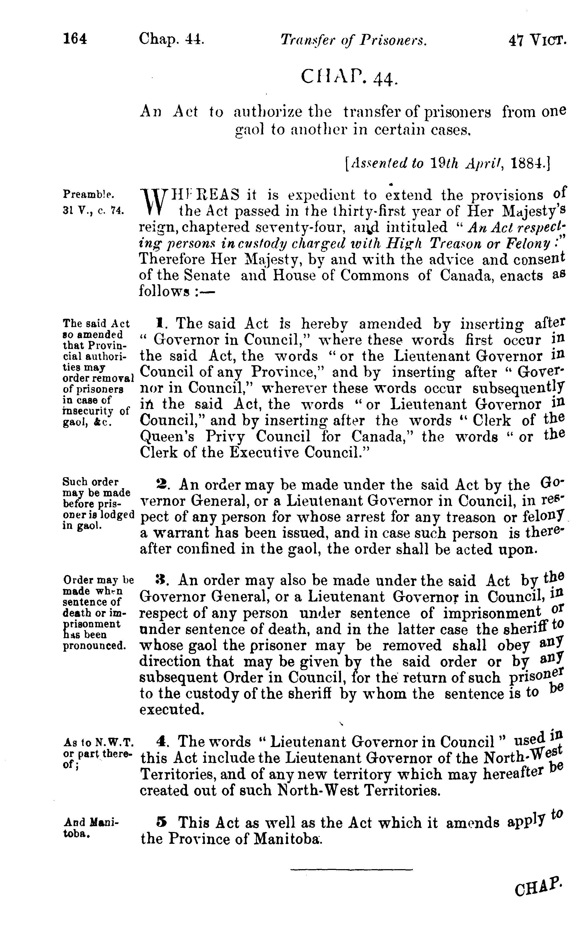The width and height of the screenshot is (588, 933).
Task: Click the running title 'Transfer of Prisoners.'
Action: click(x=354, y=40)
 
